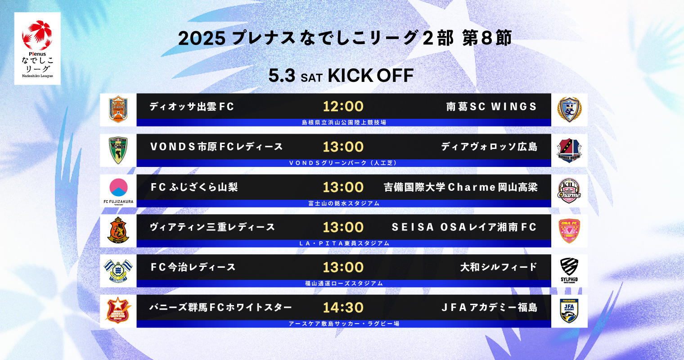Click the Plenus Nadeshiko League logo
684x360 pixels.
37,49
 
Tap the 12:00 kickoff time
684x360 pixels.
343,107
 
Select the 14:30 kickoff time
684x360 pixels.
343,307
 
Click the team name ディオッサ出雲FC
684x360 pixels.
192,107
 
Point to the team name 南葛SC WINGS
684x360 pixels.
491,107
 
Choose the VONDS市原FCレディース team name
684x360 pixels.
216,147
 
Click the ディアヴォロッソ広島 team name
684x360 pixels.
489,147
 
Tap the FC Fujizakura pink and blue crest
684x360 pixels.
118,188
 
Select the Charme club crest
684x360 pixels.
569,191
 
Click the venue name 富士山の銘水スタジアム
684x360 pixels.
344,203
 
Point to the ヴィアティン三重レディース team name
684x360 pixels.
212,227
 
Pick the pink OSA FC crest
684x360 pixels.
569,231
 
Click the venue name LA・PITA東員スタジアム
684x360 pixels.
344,243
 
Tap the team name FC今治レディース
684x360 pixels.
193,267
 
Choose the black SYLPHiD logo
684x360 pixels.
569,270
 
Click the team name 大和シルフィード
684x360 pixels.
499,267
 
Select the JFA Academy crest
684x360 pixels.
569,311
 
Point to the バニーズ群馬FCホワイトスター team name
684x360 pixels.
220,307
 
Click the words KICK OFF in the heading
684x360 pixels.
371,76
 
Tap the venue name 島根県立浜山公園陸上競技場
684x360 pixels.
344,122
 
